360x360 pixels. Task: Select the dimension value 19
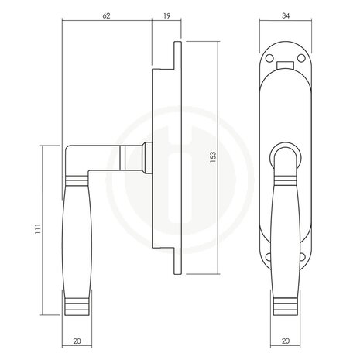pos(168,15)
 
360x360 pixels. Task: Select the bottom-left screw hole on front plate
pos(269,261)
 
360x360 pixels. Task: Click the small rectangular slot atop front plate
pos(287,57)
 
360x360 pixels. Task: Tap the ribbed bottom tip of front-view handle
pos(286,304)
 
